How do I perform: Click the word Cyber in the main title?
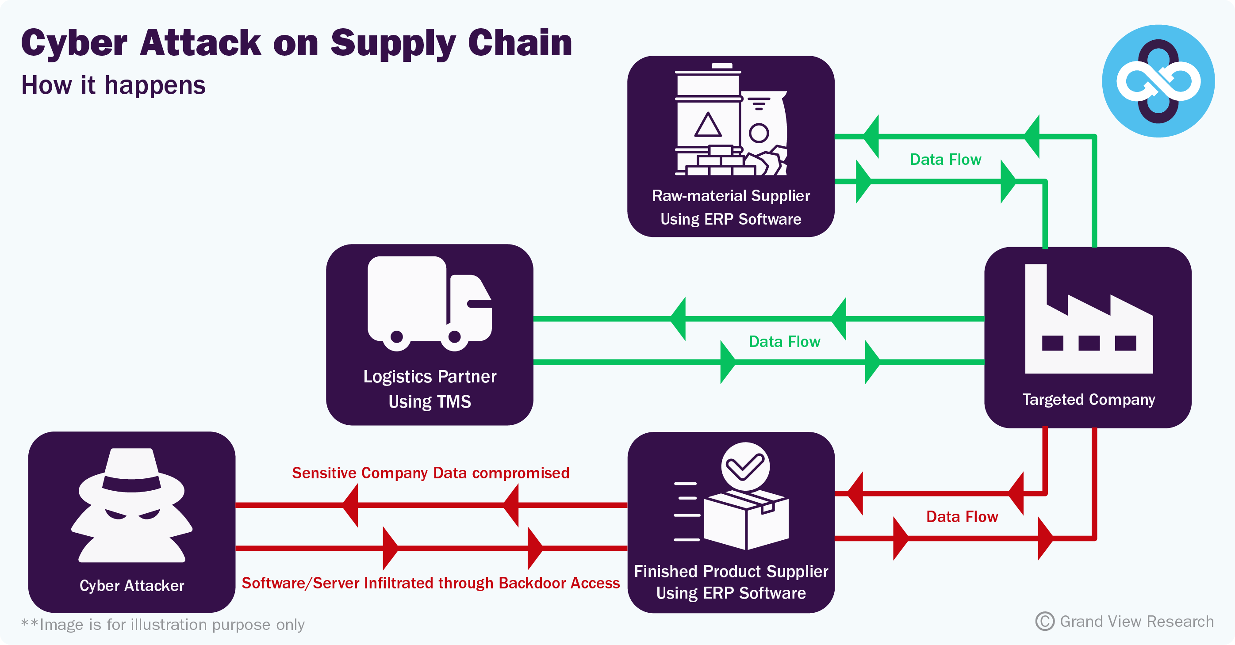pyautogui.click(x=74, y=43)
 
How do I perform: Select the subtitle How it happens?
pyautogui.click(x=113, y=85)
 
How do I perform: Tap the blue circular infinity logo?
pyautogui.click(x=1158, y=81)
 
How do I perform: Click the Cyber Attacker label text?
pyautogui.click(x=131, y=586)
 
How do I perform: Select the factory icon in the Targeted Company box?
pyautogui.click(x=1088, y=321)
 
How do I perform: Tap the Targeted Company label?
pyautogui.click(x=1088, y=399)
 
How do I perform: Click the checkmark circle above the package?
pyautogui.click(x=745, y=466)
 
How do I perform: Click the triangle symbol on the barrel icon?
pyautogui.click(x=708, y=126)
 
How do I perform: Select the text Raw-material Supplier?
pyautogui.click(x=731, y=195)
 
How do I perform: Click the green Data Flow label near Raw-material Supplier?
pyautogui.click(x=945, y=160)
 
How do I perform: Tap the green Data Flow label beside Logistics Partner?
pyautogui.click(x=784, y=342)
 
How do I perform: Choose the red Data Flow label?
pyautogui.click(x=962, y=517)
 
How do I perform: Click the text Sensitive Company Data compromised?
pyautogui.click(x=430, y=473)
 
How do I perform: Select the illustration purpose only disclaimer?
pyautogui.click(x=163, y=624)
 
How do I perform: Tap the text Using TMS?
pyautogui.click(x=430, y=401)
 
